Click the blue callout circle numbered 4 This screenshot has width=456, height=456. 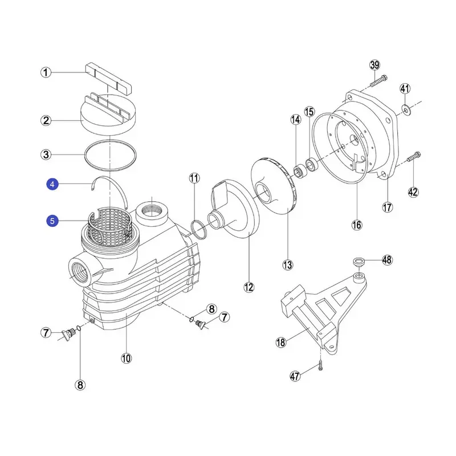click(52, 184)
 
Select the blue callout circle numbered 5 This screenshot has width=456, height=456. click(52, 221)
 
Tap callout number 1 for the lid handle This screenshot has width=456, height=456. click(46, 72)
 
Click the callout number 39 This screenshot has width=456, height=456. click(374, 65)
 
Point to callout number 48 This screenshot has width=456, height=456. click(388, 260)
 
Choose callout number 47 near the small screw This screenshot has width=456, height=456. click(295, 376)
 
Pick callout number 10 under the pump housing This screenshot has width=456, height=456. click(126, 358)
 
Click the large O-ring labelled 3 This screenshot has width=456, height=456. click(111, 154)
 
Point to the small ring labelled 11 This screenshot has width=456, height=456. click(197, 228)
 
